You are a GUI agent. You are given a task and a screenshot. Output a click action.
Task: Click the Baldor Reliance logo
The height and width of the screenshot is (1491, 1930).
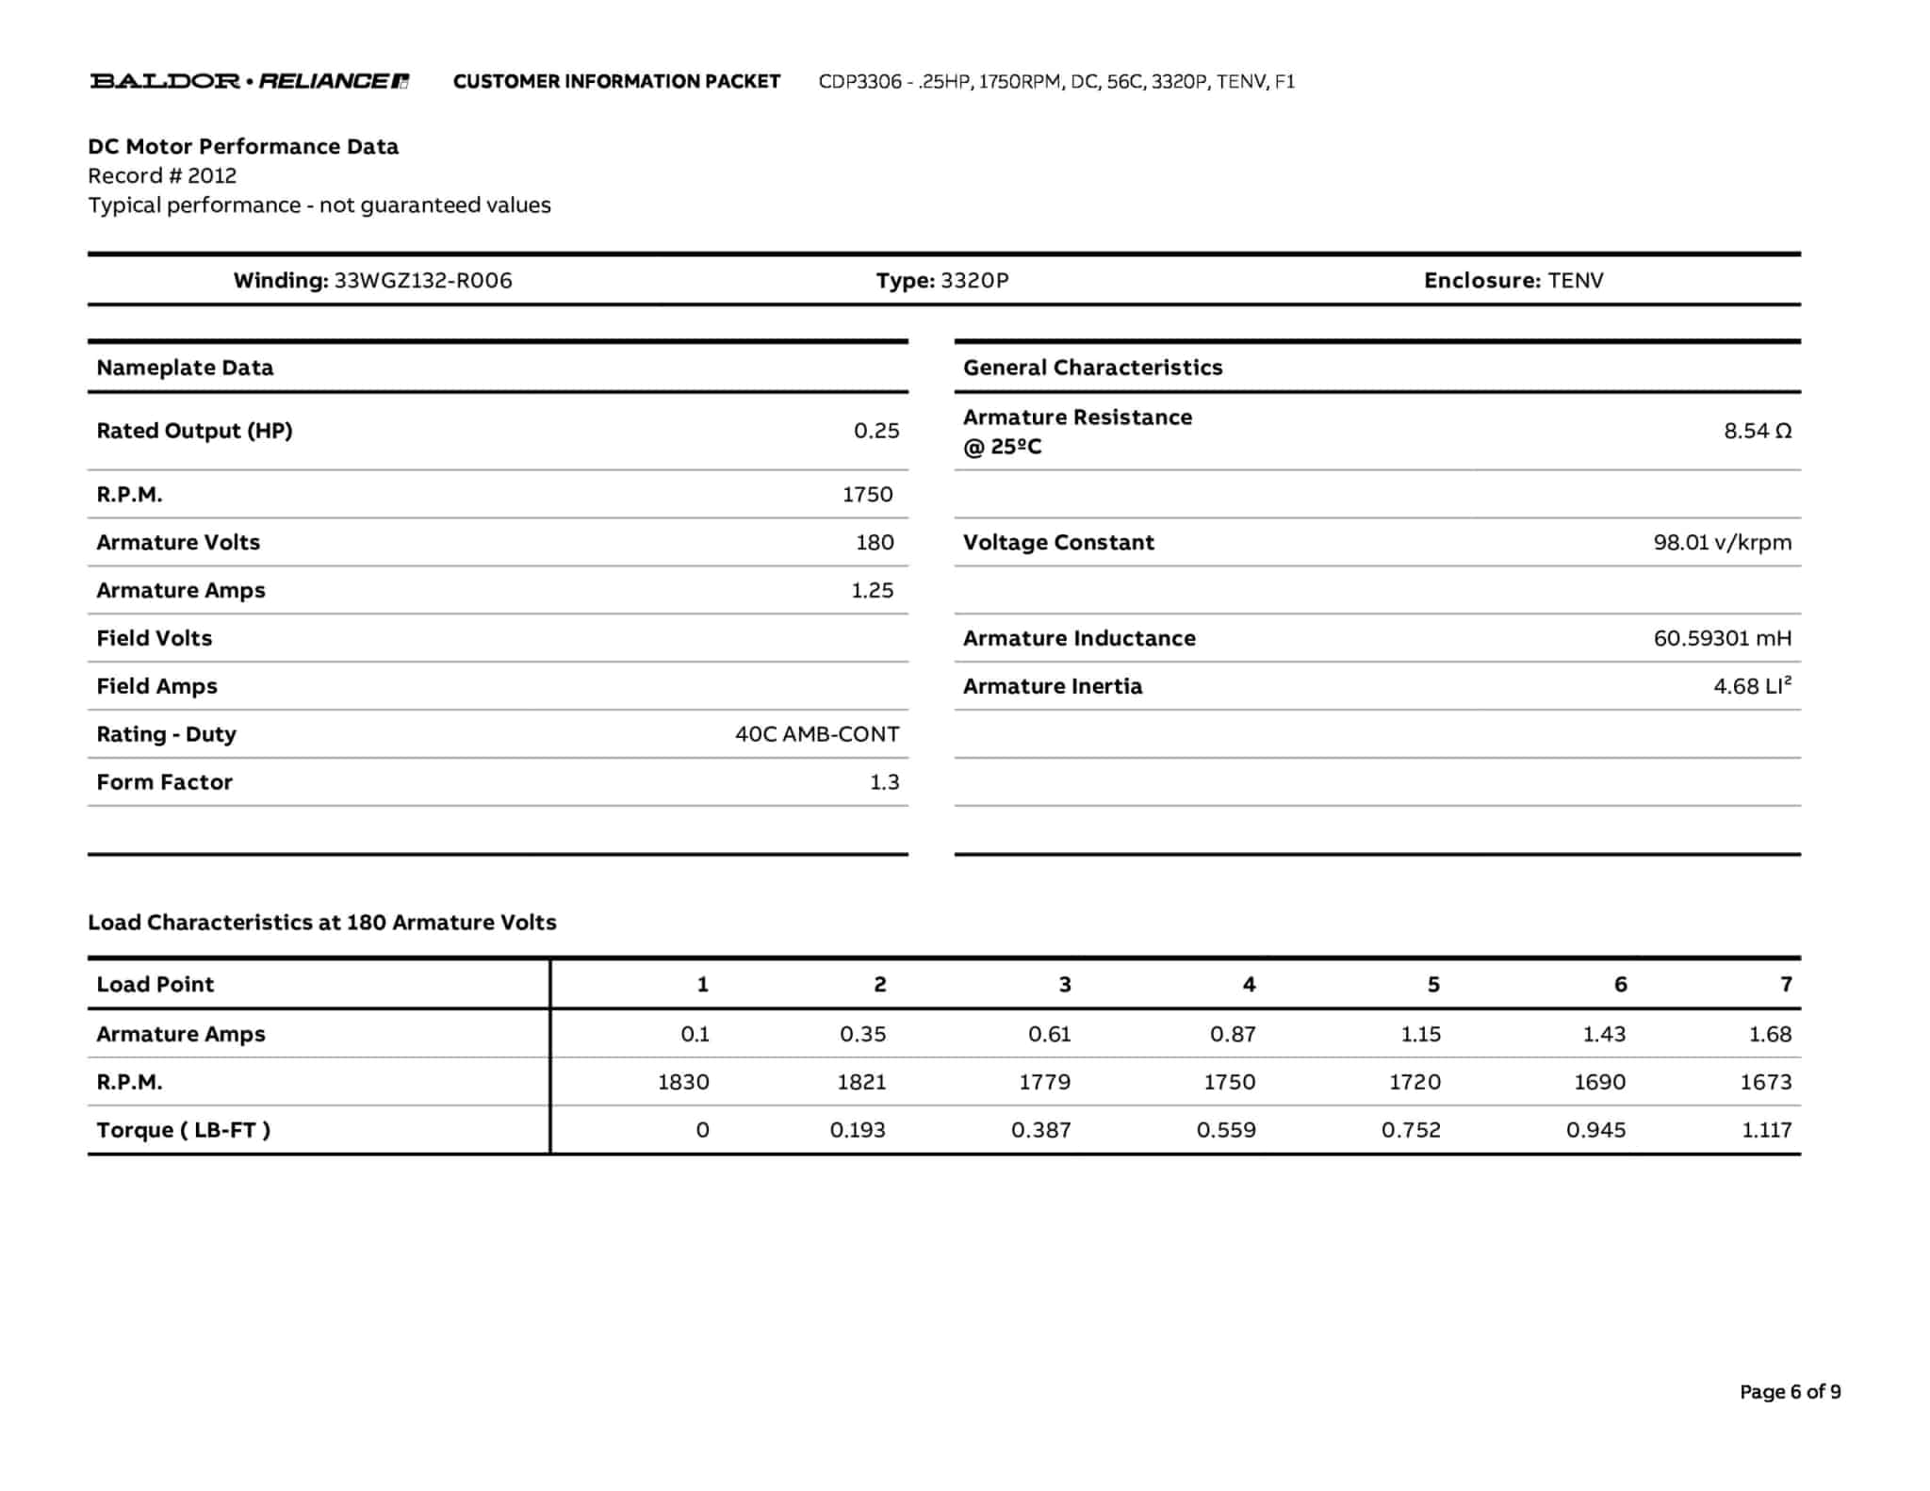(249, 81)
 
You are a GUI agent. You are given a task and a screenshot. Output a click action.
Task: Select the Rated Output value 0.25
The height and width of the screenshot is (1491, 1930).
(875, 431)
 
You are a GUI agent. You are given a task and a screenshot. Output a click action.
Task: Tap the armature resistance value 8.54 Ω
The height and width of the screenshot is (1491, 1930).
(1757, 431)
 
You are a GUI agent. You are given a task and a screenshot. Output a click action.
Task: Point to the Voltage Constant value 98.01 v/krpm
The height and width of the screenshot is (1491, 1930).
(1722, 542)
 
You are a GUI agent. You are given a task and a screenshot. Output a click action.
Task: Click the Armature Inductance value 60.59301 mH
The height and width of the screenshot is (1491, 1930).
(1722, 638)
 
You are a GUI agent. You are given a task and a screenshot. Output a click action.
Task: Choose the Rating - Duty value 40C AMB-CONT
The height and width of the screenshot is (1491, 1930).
(816, 734)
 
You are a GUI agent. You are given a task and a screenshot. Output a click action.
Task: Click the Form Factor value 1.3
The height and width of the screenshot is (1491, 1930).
(884, 782)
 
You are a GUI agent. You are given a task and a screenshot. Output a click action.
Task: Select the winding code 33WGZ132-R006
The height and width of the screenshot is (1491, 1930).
(423, 280)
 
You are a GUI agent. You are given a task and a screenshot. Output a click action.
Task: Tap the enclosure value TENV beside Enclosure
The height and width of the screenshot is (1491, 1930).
(1575, 280)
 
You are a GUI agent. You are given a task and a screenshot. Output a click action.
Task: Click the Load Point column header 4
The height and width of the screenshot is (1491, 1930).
(1249, 984)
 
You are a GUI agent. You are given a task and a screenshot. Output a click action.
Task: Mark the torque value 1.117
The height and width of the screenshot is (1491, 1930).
(1766, 1130)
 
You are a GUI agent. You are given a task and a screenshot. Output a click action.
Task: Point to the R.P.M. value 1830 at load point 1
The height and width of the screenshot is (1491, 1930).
(683, 1082)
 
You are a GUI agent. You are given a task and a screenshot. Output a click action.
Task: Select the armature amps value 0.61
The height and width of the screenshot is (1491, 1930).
(1049, 1034)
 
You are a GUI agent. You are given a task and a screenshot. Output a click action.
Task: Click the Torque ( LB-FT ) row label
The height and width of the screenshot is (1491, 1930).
(183, 1130)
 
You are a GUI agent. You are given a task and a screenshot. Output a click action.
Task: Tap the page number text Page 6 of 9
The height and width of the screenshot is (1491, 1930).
(1790, 1392)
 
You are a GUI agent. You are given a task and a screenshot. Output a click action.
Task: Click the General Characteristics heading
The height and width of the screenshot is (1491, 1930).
(1092, 368)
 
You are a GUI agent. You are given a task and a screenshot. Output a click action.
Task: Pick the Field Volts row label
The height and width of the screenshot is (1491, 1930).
(155, 638)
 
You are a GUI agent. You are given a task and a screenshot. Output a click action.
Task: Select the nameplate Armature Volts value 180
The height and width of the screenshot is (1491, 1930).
(875, 542)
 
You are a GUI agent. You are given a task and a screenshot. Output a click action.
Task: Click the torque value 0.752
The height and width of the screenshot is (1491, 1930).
(1411, 1130)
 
